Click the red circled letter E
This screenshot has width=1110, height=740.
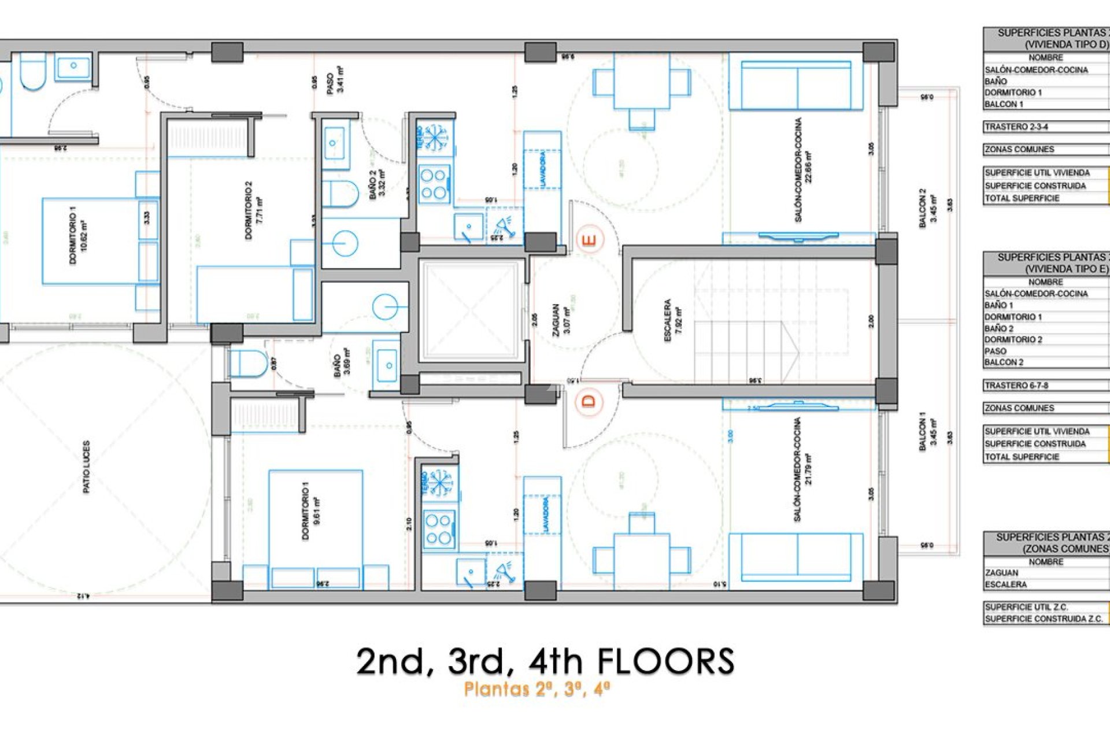coord(590,239)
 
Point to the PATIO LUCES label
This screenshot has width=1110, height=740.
coord(86,467)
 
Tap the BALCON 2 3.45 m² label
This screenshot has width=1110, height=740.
coord(927,208)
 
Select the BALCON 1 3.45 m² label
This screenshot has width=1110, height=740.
coord(927,431)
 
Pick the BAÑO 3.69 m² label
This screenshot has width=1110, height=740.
coord(342,362)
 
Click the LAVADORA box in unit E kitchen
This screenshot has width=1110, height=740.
coord(542,169)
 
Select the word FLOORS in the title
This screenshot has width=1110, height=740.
coord(665,661)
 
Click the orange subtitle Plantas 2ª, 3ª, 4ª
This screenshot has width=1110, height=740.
coord(537,689)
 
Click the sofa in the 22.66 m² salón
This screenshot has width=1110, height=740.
coord(796,86)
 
